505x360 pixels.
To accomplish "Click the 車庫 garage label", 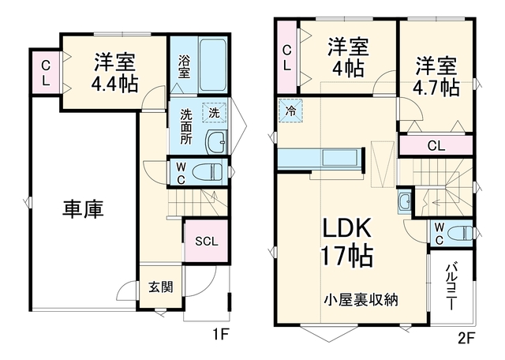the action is [83, 209].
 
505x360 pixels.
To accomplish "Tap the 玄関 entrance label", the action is [161, 287].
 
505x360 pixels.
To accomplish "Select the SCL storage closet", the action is [207, 242].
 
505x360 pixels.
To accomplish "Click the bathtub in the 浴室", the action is [212, 66].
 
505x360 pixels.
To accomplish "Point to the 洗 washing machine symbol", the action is [214, 112].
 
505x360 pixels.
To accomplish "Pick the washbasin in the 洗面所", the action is [216, 142].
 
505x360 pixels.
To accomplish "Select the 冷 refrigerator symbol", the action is [291, 111].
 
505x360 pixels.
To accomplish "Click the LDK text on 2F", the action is [346, 228].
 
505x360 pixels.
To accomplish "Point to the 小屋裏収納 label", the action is [361, 300].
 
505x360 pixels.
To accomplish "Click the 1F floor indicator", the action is [219, 336].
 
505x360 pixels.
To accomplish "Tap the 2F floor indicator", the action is [466, 339].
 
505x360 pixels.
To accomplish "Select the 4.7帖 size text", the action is [436, 88].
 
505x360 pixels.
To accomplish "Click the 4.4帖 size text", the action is [115, 84].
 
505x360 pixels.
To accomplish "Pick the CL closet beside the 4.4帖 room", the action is [45, 73].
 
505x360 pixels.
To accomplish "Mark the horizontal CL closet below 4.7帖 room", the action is [436, 146].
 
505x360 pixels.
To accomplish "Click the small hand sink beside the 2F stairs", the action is [404, 202].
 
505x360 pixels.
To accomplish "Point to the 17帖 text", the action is [347, 256].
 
